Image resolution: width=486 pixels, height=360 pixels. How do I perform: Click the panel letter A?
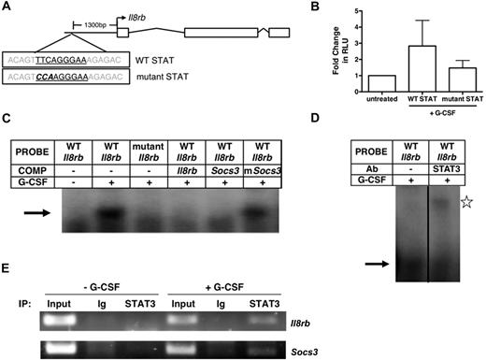(x=7, y=8)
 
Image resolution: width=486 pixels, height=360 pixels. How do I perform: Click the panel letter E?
(x=7, y=265)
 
